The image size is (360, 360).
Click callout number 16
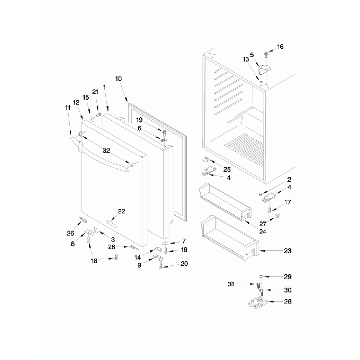coord(280,47)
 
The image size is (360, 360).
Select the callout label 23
coord(287,251)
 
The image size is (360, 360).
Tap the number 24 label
coord(262,232)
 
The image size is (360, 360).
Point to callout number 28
coord(287,301)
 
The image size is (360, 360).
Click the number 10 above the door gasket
coord(119,79)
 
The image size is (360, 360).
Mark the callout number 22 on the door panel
coord(121,211)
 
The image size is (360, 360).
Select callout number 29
coord(287,276)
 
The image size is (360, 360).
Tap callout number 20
coord(184,264)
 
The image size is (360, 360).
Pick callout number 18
coord(94,260)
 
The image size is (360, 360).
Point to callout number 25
coord(227,169)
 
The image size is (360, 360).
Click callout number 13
coord(245,59)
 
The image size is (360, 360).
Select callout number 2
coord(289,180)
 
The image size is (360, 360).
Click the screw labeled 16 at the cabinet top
coord(267,54)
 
